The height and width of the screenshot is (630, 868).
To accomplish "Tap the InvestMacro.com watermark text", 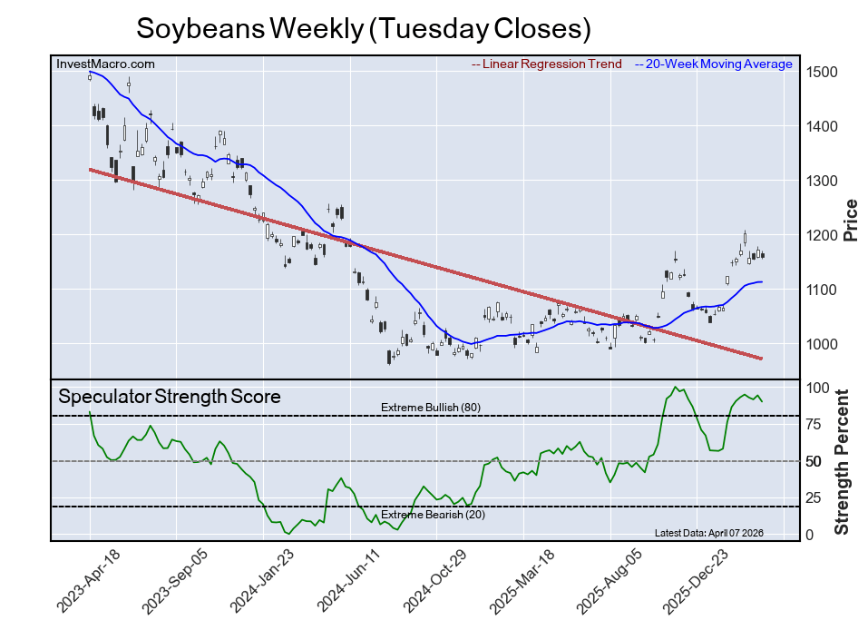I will (105, 64).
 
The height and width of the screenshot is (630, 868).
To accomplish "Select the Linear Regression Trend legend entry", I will (547, 64).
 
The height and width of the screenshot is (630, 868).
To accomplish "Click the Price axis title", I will (851, 219).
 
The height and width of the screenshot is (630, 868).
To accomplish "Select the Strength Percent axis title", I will (843, 461).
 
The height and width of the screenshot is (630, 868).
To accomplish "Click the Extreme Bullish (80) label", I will (430, 408).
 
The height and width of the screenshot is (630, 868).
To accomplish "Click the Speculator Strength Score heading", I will (169, 397).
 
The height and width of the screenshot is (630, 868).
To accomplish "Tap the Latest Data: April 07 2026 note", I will (721, 533).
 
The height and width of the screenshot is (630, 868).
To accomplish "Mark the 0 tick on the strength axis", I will (809, 535).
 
